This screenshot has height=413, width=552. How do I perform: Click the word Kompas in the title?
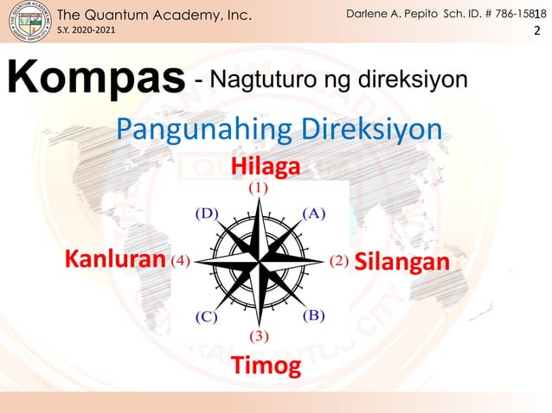(x=97, y=79)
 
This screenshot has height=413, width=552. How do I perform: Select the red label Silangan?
(x=401, y=261)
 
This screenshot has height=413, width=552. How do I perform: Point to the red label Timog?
(x=266, y=366)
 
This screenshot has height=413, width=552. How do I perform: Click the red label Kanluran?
(x=116, y=259)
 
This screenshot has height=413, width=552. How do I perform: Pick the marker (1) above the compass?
(x=259, y=186)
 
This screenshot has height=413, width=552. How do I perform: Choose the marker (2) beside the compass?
(x=338, y=260)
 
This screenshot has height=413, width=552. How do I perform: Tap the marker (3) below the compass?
(x=260, y=335)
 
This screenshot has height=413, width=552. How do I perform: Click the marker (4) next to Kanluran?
(x=181, y=260)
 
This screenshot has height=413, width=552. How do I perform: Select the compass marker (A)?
(x=312, y=213)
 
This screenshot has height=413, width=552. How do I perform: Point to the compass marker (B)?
(x=313, y=315)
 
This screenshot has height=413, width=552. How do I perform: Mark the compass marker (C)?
(x=205, y=316)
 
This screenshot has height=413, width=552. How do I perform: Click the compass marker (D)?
(x=206, y=213)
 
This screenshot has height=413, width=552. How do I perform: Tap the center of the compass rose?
(x=260, y=260)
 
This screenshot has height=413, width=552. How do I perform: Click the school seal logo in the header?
(x=29, y=22)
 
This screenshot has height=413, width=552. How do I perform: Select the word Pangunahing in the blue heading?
(x=202, y=130)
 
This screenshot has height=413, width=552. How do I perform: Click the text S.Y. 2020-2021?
(x=85, y=31)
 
